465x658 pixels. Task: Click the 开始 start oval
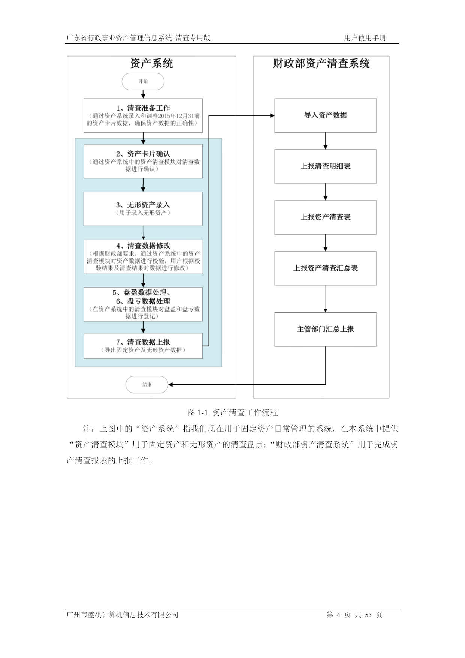point(143,81)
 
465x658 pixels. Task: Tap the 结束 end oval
point(147,384)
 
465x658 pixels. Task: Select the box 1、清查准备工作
point(143,115)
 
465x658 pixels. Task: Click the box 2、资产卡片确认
point(143,161)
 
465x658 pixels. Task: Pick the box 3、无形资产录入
point(143,209)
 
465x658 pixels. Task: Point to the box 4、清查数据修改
point(143,257)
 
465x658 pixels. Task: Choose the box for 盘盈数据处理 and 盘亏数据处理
point(143,304)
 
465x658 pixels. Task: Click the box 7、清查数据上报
point(143,346)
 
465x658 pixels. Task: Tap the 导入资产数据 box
point(325,115)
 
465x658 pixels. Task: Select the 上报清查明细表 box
point(325,166)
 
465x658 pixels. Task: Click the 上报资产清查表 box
point(325,217)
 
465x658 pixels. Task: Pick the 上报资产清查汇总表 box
point(325,268)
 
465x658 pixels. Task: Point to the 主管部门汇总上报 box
point(325,330)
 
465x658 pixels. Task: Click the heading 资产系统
point(151,64)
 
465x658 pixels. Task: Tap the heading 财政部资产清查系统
point(321,64)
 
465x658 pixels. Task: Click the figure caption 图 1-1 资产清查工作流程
point(233,413)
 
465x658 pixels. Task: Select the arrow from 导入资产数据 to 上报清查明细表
point(325,141)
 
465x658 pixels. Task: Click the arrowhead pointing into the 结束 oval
point(170,384)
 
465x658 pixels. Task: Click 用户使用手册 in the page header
point(365,38)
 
